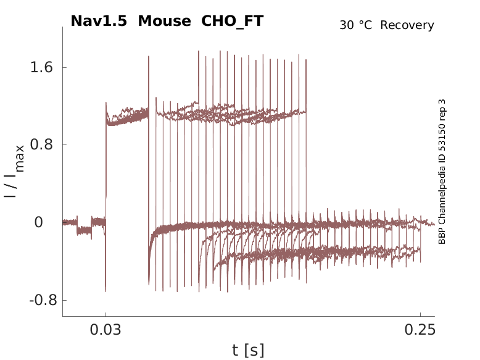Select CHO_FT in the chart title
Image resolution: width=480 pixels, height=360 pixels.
point(233,21)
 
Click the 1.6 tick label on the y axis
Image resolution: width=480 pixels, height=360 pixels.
point(40,67)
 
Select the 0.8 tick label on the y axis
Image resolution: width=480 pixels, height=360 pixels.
point(40,145)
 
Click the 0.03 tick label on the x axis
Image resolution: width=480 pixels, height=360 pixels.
point(105,330)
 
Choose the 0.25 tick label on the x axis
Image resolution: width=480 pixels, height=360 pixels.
point(420,330)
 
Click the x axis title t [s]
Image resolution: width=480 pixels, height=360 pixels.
point(248,351)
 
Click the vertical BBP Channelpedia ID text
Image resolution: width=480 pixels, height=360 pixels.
point(442,172)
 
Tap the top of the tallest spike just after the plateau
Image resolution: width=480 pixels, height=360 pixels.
point(149,57)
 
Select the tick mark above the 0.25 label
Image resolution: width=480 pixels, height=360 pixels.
point(420,315)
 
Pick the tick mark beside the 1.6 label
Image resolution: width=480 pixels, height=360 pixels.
point(65,67)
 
